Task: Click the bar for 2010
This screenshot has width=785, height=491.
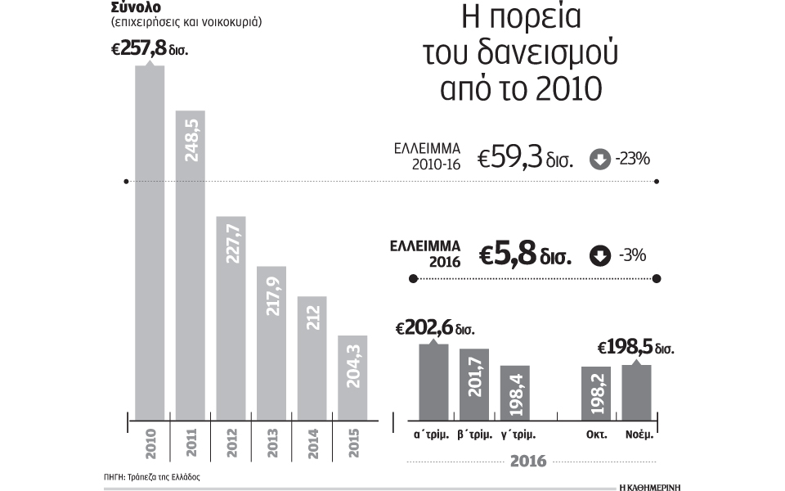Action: pyautogui.click(x=150, y=241)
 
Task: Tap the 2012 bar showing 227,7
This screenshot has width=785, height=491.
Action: pyautogui.click(x=231, y=316)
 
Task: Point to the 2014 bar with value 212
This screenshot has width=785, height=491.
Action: pyautogui.click(x=312, y=356)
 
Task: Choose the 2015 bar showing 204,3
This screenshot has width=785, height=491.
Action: pyautogui.click(x=352, y=376)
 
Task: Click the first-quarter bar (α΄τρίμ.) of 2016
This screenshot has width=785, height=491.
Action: pyautogui.click(x=433, y=381)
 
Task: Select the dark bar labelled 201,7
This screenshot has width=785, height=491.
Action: pyautogui.click(x=474, y=384)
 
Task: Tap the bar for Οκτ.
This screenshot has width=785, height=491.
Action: pyautogui.click(x=596, y=392)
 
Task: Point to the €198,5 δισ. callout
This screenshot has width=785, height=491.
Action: pyautogui.click(x=636, y=348)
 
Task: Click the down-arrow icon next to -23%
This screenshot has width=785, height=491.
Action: pyautogui.click(x=599, y=160)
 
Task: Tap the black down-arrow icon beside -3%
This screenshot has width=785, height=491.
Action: pyautogui.click(x=599, y=256)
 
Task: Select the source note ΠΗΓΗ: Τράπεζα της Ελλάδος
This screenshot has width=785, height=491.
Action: pyautogui.click(x=152, y=475)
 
